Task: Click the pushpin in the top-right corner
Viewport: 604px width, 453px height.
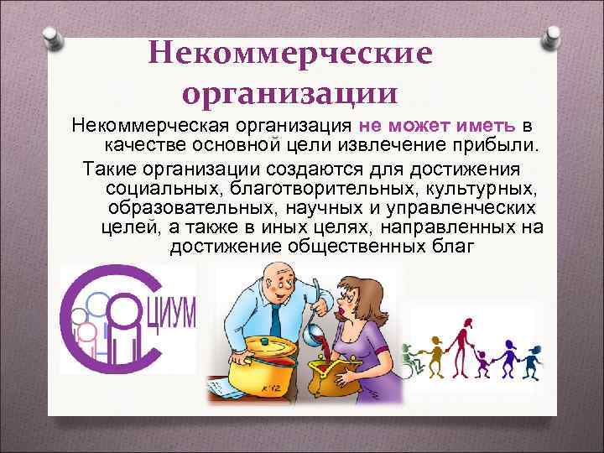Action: (x=555, y=37)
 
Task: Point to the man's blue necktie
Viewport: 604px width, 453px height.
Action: (x=276, y=323)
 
